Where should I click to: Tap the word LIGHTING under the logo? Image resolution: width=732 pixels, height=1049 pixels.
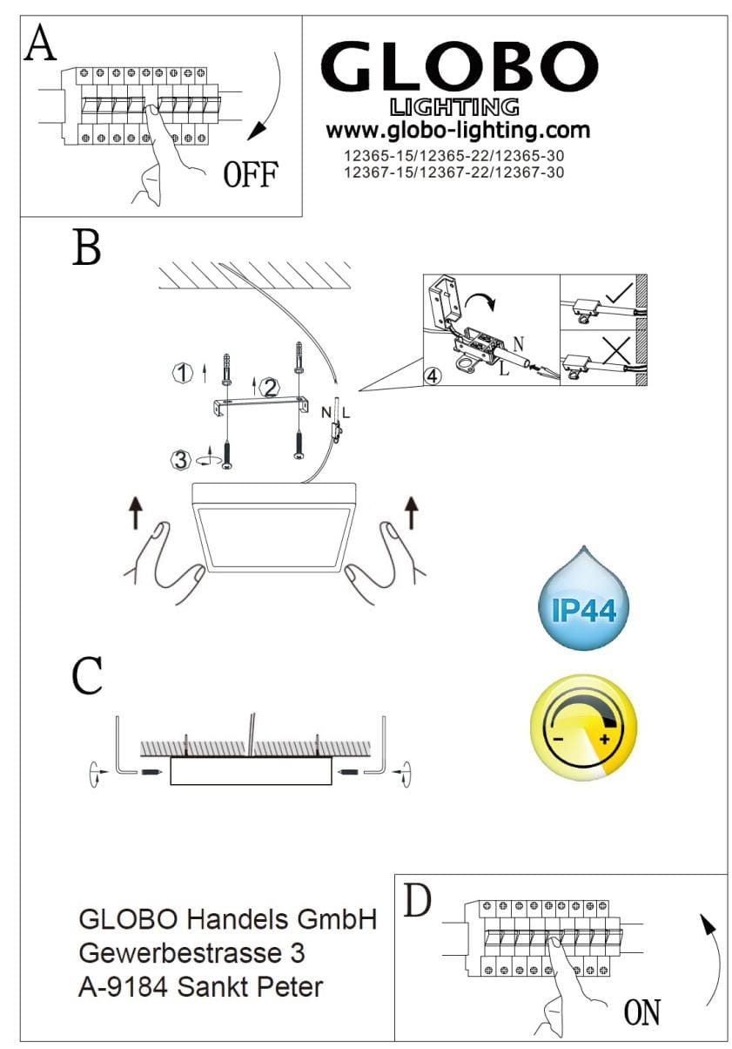(454, 107)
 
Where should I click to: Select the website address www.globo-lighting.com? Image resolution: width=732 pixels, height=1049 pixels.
(458, 131)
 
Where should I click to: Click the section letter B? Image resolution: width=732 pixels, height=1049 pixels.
(86, 247)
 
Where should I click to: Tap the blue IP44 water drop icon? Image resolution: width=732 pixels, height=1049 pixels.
(584, 599)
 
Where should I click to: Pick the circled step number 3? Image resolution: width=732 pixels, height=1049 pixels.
(180, 460)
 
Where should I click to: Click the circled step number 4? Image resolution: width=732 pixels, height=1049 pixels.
(433, 376)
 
